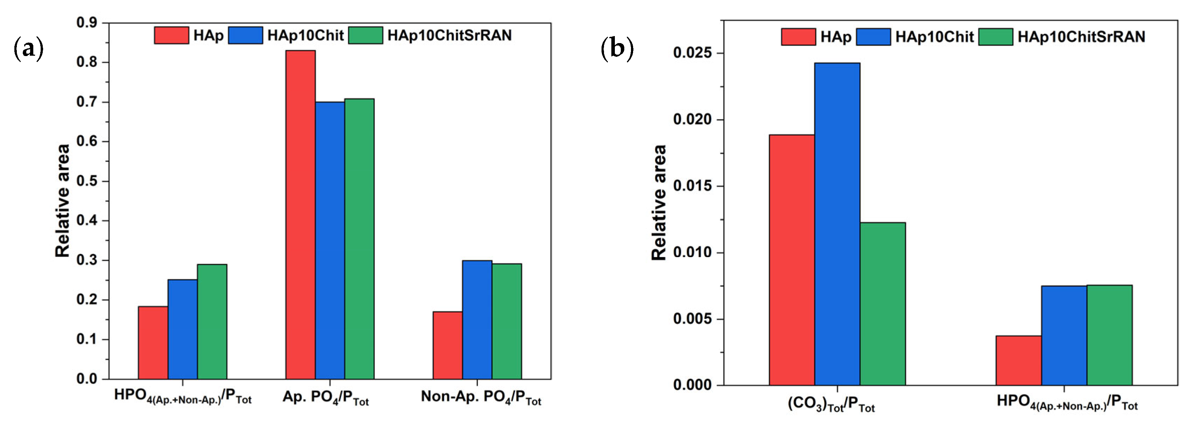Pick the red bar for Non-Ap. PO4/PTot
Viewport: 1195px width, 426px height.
tap(448, 345)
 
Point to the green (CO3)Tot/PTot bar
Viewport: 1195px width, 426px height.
tap(882, 304)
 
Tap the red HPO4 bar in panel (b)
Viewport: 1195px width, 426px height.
tap(1018, 360)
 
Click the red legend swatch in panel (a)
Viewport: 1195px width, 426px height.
tap(171, 35)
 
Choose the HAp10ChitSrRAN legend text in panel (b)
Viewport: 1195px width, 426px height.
tap(1081, 37)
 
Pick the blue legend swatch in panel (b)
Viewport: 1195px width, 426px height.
tap(873, 37)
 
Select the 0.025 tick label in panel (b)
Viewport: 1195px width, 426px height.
tap(692, 53)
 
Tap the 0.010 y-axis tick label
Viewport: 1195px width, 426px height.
tap(692, 253)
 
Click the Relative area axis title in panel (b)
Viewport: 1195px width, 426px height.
tap(659, 202)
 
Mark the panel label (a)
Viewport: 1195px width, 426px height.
tap(29, 48)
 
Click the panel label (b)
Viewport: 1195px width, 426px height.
tap(617, 48)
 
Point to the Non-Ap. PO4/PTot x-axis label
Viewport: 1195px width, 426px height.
tap(481, 397)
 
